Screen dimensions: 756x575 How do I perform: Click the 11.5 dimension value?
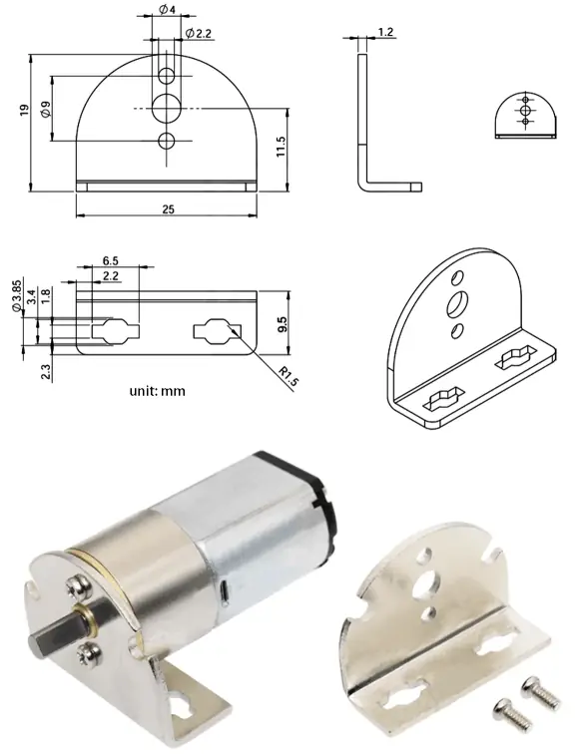coord(283,147)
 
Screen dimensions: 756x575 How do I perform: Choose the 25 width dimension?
coord(166,207)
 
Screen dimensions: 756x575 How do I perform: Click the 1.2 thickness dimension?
coord(384,33)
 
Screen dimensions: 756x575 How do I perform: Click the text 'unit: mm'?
coord(157,391)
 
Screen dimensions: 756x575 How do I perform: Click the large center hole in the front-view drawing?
coord(167,106)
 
